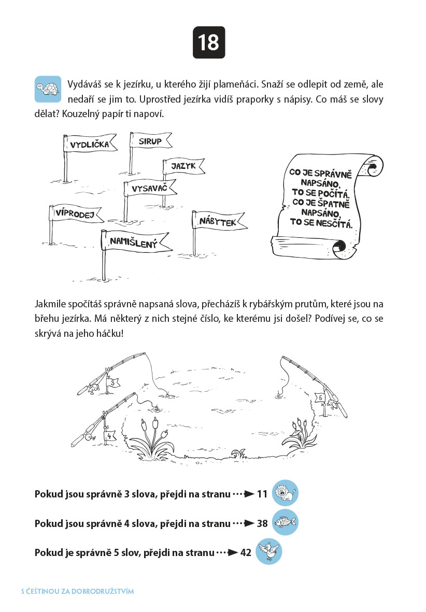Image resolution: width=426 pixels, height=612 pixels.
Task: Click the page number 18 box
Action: coord(209,42)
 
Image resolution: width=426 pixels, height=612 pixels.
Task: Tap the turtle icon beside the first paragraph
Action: coord(48,89)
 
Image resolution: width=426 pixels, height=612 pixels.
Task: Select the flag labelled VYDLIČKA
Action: coord(90,143)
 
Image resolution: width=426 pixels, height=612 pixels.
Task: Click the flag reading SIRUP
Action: coord(151,140)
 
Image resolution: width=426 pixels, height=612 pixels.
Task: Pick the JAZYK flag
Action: coord(184,166)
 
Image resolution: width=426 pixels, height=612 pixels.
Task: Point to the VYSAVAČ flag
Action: coord(150,189)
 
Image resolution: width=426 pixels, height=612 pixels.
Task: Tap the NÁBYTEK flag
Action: coord(219,221)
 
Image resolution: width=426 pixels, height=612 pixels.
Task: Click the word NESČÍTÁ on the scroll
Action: coord(334,223)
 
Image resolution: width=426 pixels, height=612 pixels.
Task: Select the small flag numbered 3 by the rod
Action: coord(113,383)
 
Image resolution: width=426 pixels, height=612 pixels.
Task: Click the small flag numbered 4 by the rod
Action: coord(110,436)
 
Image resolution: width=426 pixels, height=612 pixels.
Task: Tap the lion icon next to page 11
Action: coord(285,493)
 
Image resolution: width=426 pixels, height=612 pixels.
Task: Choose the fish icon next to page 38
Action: coord(285,522)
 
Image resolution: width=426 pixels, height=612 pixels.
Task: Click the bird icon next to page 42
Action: coord(268,551)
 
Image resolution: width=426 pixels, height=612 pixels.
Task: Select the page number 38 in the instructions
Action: coord(262,523)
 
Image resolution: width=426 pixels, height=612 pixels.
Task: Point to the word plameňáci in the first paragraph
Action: coord(236,84)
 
